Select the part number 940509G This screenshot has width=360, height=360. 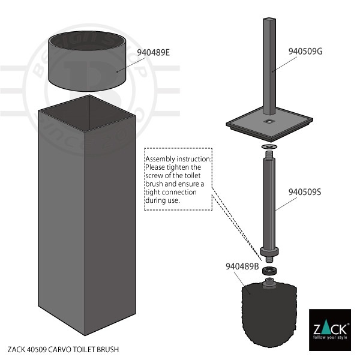tap(305, 51)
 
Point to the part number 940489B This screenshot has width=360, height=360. tap(242, 266)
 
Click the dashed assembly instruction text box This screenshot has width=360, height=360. tap(178, 179)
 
